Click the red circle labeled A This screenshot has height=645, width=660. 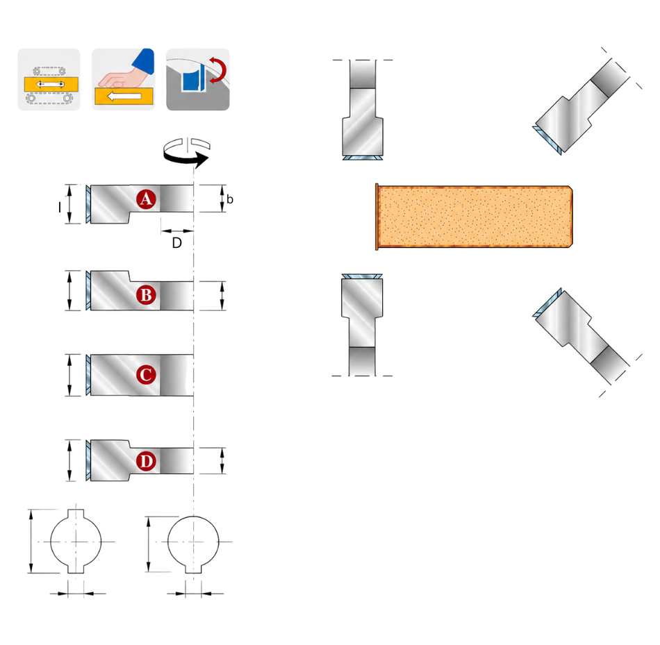point(146,199)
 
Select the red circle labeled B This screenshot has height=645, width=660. point(146,295)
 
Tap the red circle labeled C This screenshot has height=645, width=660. point(146,374)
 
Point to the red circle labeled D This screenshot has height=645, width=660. point(146,461)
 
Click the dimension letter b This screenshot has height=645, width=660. point(230,199)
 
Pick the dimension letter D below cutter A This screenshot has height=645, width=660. point(176,243)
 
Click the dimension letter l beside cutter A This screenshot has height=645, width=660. point(59,207)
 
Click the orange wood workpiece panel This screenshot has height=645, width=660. point(474,216)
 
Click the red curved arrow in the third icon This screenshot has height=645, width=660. point(218,69)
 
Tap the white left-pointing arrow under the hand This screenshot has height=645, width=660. point(124,97)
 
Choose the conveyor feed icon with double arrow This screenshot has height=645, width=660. point(49,80)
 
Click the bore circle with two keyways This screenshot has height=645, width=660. point(76,542)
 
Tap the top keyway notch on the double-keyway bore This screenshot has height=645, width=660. point(76,514)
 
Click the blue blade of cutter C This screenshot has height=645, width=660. point(88,374)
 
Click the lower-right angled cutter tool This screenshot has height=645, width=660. point(582,336)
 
